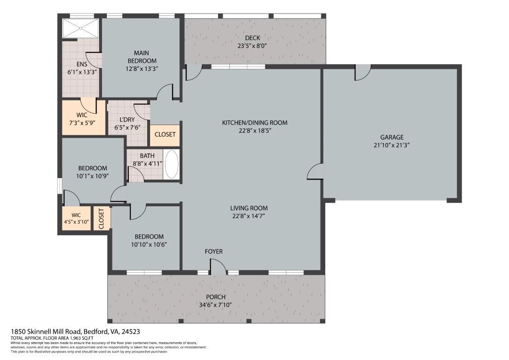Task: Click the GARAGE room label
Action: pyautogui.click(x=392, y=137)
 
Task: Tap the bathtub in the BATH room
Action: pyautogui.click(x=172, y=164)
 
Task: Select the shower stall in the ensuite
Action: pyautogui.click(x=81, y=28)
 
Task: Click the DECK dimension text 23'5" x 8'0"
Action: pyautogui.click(x=252, y=46)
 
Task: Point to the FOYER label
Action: pyautogui.click(x=214, y=252)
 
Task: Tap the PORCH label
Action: pyautogui.click(x=216, y=297)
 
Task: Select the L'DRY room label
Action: pyautogui.click(x=127, y=120)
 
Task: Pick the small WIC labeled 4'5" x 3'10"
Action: pyautogui.click(x=76, y=218)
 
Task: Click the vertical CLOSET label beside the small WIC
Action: pyautogui.click(x=101, y=218)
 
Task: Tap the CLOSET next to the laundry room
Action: pyautogui.click(x=165, y=135)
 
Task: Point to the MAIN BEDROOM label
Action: pyautogui.click(x=142, y=57)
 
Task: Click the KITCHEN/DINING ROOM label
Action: pyautogui.click(x=255, y=123)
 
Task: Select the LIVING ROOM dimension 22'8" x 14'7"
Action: pyautogui.click(x=249, y=216)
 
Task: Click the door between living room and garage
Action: pyautogui.click(x=315, y=171)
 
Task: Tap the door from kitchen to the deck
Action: pyautogui.click(x=194, y=72)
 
